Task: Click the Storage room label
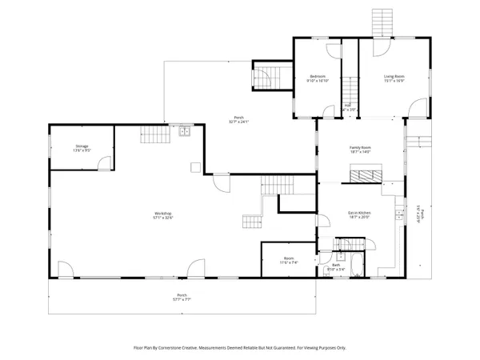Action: (x=82, y=146)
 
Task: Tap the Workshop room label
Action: (x=164, y=212)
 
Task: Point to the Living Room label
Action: (x=393, y=77)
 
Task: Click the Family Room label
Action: (x=361, y=147)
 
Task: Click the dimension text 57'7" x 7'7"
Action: (x=182, y=301)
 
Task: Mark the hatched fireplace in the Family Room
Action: (x=364, y=171)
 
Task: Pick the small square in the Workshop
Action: (x=194, y=167)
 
